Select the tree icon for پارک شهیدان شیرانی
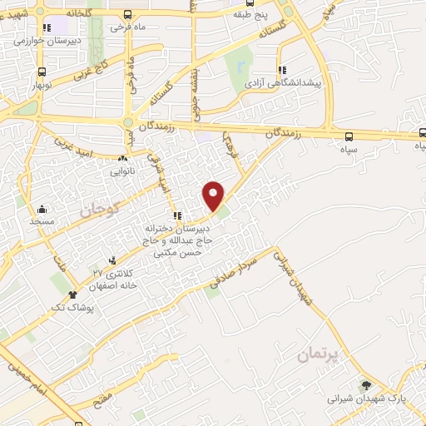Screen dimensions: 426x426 (365, 385)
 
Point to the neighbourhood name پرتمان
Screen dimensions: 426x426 (318, 357)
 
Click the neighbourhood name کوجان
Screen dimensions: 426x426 (100, 208)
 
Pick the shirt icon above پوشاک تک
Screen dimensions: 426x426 (73, 294)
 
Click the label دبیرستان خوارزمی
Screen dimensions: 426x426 (56, 40)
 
